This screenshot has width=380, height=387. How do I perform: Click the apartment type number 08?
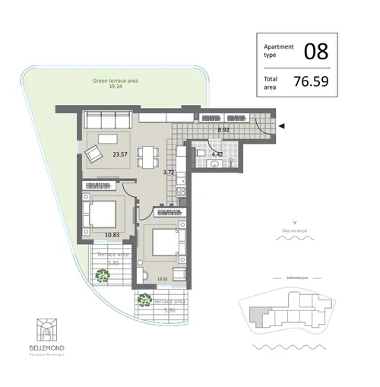click(x=315, y=52)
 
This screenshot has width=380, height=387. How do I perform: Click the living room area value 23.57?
click(x=120, y=154)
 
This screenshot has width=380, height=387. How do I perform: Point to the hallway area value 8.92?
click(x=223, y=130)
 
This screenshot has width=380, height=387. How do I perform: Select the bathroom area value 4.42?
click(x=217, y=154)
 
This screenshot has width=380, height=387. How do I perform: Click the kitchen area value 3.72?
click(x=169, y=173)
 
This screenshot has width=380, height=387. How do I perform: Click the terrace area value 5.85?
click(x=112, y=263)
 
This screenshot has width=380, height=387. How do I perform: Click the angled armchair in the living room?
click(x=94, y=154)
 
